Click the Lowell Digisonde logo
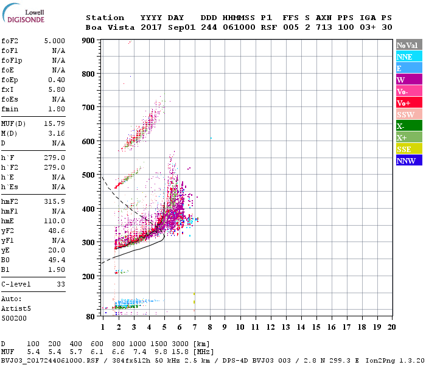23,16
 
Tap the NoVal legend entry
408,45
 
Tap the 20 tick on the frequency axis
392,327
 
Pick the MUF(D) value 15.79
54,123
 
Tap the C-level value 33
61,284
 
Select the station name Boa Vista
105,27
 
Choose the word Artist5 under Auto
15,308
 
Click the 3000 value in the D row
181,344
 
